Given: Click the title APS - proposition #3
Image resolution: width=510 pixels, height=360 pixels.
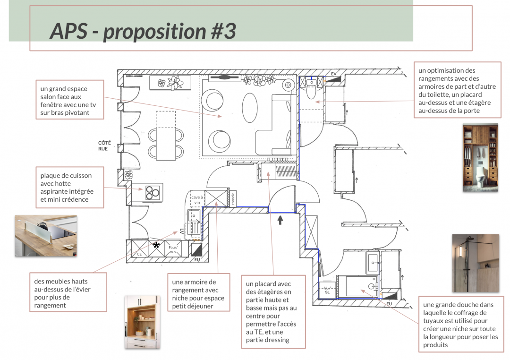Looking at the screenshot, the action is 143,31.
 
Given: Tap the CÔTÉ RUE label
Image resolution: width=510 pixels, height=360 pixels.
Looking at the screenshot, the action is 104,146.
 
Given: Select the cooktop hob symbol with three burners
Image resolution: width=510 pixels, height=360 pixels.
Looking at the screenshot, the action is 153,192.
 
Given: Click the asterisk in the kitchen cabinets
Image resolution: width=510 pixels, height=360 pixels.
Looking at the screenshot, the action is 156,245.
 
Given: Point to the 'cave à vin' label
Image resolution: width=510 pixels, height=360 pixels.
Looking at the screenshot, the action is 197,200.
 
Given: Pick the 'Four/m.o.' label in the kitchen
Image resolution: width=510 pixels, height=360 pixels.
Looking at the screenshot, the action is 173,249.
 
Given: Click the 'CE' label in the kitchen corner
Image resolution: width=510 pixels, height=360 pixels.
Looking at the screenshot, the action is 139,254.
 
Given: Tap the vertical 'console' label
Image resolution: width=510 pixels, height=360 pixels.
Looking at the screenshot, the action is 233,198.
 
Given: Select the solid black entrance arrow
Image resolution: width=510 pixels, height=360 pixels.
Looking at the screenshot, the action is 280,220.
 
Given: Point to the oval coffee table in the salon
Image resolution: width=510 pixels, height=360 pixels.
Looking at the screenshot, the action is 250,108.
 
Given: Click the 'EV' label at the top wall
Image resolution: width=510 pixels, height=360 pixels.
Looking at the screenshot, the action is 334,74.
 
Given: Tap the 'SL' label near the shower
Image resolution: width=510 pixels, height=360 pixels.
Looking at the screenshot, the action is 327,292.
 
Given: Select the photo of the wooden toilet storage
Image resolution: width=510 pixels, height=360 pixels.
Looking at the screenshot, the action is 480,157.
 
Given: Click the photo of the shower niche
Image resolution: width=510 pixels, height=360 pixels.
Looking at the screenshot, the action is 476,263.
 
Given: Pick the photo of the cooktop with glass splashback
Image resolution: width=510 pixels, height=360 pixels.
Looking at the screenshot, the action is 46,236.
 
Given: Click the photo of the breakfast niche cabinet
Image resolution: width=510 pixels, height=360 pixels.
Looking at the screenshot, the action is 142,322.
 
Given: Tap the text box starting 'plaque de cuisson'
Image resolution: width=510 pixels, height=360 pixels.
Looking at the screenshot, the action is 70,188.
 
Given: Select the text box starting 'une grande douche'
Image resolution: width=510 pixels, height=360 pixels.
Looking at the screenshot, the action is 461,324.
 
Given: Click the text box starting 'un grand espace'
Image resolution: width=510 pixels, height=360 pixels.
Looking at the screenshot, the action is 70,100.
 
